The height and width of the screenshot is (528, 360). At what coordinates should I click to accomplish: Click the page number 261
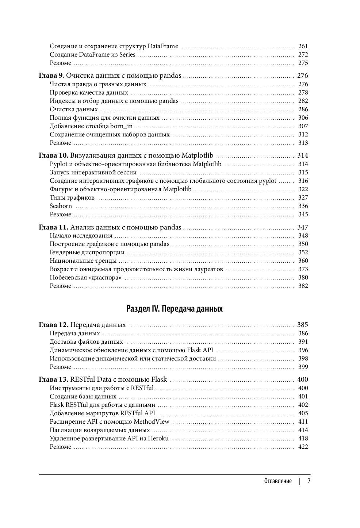[x=303, y=46]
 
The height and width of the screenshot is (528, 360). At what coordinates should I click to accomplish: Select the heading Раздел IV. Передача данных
[x=174, y=309]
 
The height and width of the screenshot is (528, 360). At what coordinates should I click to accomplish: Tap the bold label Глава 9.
[x=52, y=76]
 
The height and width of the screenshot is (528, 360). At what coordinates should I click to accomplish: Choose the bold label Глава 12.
[x=53, y=325]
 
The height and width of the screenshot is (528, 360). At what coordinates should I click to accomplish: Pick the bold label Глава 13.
[x=53, y=379]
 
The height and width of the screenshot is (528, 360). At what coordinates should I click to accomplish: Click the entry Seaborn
[x=61, y=206]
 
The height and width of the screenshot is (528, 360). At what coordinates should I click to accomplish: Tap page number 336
[x=303, y=206]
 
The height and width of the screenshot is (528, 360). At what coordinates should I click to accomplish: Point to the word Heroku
[x=158, y=439]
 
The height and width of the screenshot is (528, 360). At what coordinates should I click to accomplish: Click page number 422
[x=303, y=447]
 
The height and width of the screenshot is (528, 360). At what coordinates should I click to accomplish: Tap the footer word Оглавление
[x=278, y=481]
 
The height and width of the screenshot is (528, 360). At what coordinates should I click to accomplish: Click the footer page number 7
[x=309, y=481]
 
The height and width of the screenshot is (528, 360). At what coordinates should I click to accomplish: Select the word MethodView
[x=153, y=422]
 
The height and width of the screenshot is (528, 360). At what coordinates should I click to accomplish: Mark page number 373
[x=303, y=269]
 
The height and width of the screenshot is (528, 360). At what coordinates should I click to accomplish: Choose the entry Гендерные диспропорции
[x=87, y=253]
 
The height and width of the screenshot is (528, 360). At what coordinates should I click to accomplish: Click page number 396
[x=303, y=350]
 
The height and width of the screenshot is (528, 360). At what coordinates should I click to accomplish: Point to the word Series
[x=127, y=55]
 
